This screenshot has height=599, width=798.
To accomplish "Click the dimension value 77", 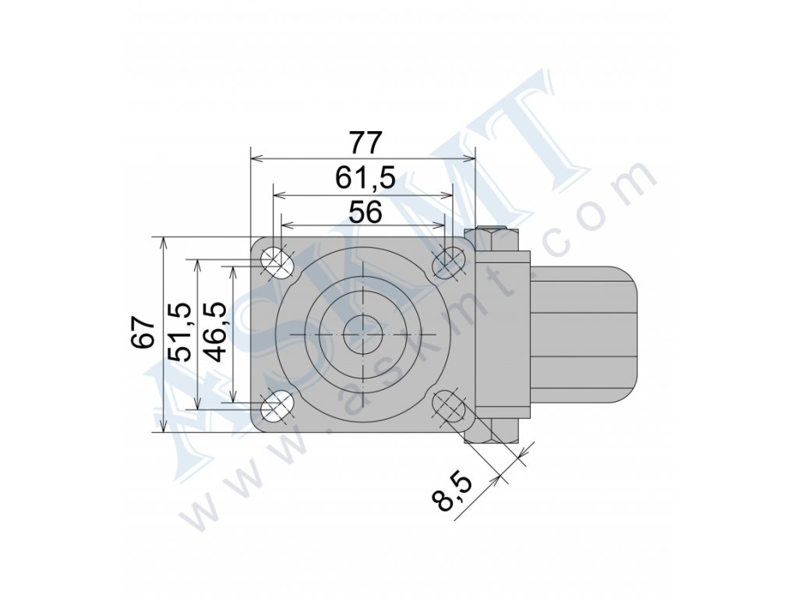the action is tap(365, 144).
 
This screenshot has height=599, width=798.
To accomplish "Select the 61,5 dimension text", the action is tap(365, 178).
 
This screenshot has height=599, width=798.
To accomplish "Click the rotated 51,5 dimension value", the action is tap(180, 332).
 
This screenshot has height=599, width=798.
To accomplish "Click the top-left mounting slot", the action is tap(277, 262).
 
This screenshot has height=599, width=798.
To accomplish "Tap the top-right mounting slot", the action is tap(448, 262).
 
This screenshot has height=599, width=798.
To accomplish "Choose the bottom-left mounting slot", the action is tap(277, 407).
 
